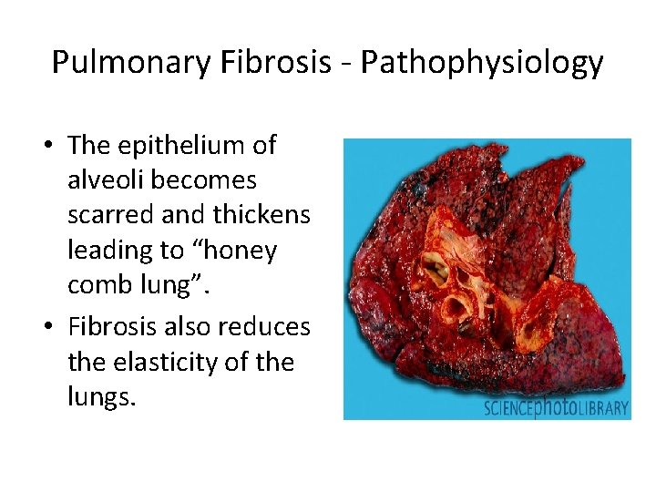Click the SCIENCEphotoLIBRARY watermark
(556, 407)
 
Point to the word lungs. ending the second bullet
(101, 397)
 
